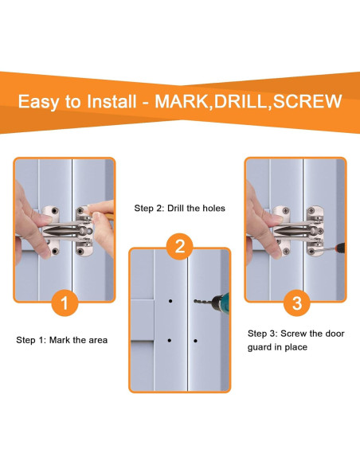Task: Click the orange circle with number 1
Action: click(x=65, y=303)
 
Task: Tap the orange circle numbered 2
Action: click(x=179, y=247)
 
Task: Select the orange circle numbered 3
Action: click(x=296, y=303)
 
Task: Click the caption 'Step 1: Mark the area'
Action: click(x=62, y=340)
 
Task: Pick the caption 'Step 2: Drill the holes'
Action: click(x=179, y=208)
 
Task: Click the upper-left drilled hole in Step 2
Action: click(x=170, y=302)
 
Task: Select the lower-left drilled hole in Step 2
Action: click(x=170, y=341)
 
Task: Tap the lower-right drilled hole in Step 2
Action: click(x=196, y=341)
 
